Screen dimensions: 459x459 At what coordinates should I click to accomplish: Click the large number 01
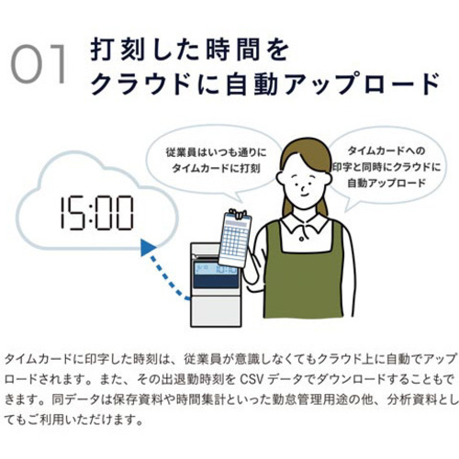point(39,64)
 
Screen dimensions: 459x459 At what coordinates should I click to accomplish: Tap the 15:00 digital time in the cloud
point(96,213)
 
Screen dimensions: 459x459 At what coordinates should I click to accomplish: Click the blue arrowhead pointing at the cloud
point(148,247)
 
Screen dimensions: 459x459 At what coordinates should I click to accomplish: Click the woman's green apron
point(303,275)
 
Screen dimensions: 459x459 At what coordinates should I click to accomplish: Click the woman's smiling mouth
point(303,195)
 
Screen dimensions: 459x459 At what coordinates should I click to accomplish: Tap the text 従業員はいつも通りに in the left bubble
point(217,152)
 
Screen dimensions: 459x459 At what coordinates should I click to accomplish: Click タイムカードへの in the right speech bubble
point(386,151)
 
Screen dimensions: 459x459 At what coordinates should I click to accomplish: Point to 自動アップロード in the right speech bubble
point(386,183)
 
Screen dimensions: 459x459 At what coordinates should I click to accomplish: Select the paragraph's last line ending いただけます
point(73,420)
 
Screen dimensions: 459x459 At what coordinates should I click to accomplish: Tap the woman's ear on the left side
point(280,178)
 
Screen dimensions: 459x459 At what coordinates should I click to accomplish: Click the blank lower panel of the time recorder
point(216,311)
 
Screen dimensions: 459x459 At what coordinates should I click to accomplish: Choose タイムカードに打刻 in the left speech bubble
point(217,168)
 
